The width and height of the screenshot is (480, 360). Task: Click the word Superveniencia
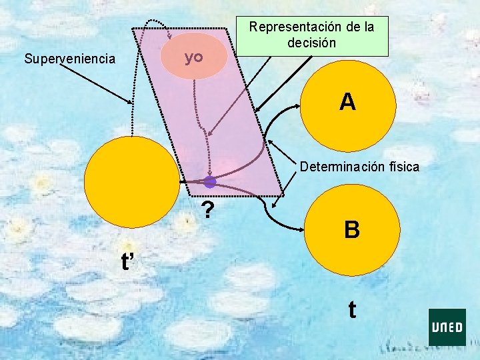[69, 59]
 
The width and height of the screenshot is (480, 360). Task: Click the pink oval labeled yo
[195, 58]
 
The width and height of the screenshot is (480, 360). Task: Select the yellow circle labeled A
[348, 103]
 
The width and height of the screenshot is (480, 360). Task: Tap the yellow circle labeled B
[352, 230]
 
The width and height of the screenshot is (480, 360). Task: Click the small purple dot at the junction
[210, 181]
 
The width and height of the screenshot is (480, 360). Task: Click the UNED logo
[447, 327]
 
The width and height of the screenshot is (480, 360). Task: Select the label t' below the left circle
[129, 262]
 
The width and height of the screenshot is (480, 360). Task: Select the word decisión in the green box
[311, 43]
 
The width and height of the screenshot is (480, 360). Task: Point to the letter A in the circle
[347, 102]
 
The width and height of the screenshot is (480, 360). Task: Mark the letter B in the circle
[352, 230]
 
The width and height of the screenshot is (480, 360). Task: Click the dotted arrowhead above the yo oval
[169, 35]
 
